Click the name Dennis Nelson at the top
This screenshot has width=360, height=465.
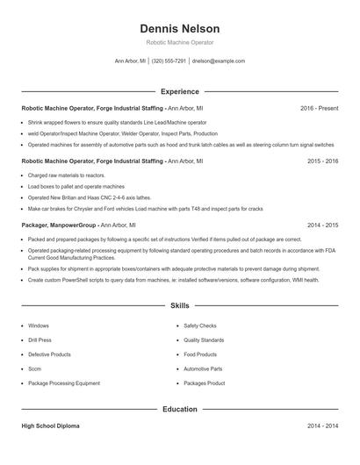tap(180, 29)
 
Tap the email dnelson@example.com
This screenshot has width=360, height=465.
tap(218, 61)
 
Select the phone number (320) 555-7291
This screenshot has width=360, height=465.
tap(169, 61)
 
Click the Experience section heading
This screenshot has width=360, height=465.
tap(180, 91)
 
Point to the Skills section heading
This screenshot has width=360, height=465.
tap(180, 305)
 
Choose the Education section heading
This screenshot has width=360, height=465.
tap(180, 409)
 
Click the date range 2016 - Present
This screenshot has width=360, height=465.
tap(319, 108)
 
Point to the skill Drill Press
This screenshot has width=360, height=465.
tap(40, 340)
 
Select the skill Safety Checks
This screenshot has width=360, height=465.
tap(200, 325)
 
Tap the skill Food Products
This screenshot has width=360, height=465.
tap(200, 354)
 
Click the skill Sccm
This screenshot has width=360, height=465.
tap(34, 369)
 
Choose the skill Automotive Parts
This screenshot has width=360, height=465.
tap(203, 369)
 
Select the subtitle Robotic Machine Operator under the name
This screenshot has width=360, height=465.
tap(180, 42)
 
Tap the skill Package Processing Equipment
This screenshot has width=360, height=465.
tap(64, 383)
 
